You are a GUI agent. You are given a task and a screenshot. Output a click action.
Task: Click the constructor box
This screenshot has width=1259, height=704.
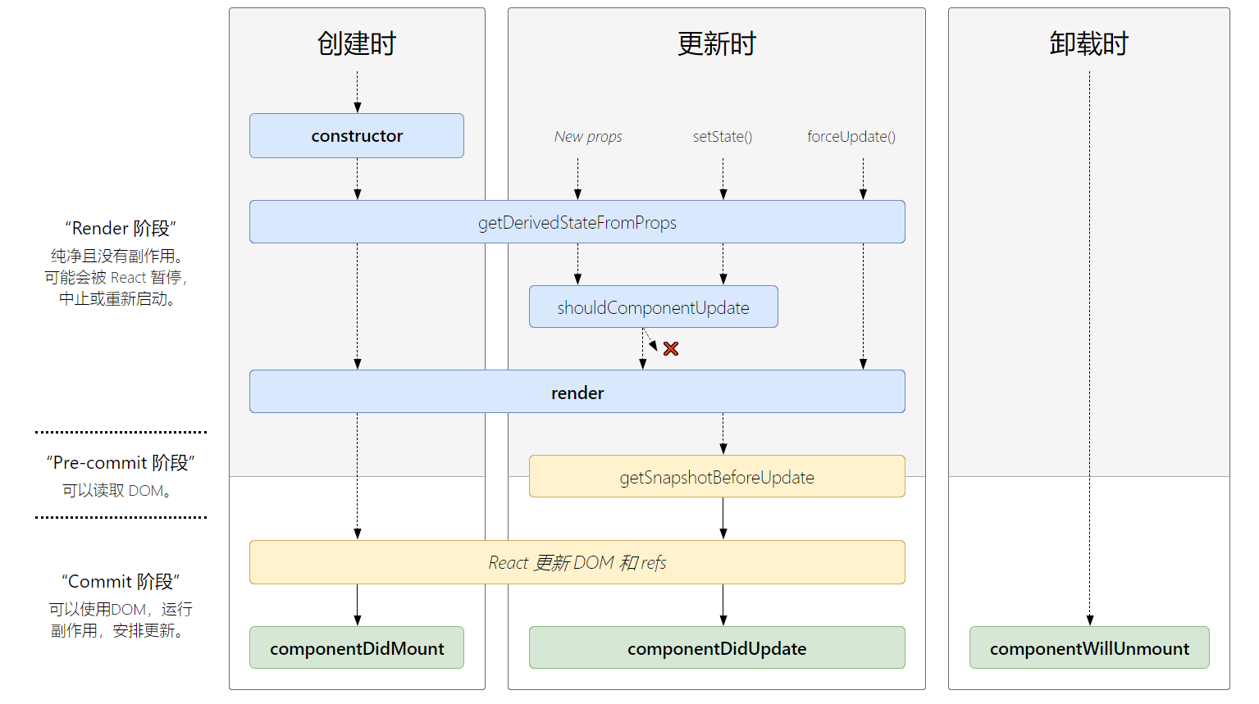pyautogui.click(x=357, y=136)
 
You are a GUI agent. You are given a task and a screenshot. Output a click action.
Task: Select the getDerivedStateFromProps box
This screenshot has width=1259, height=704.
pyautogui.click(x=577, y=222)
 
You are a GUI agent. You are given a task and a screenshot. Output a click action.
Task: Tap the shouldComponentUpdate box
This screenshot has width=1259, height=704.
pyautogui.click(x=653, y=307)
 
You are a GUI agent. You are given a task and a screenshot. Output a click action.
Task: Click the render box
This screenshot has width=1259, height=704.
pyautogui.click(x=577, y=393)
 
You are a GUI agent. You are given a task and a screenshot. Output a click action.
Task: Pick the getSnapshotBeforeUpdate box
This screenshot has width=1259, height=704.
pyautogui.click(x=716, y=477)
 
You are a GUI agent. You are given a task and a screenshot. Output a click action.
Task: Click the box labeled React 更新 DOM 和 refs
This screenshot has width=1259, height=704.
pyautogui.click(x=577, y=562)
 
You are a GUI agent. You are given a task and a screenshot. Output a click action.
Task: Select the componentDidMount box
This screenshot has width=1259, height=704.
pyautogui.click(x=357, y=648)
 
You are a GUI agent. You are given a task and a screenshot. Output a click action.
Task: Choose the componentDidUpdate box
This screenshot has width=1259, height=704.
pyautogui.click(x=716, y=648)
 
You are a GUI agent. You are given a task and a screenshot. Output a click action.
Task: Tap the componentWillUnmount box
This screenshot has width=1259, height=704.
pyautogui.click(x=1088, y=648)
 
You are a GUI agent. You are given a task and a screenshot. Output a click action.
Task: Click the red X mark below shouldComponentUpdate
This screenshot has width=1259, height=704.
pyautogui.click(x=671, y=349)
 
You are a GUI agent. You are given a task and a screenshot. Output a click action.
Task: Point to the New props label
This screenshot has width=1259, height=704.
pyautogui.click(x=588, y=137)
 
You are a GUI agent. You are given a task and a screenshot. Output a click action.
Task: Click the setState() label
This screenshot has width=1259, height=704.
pyautogui.click(x=723, y=137)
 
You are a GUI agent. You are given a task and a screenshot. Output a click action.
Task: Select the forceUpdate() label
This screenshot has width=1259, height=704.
pyautogui.click(x=851, y=137)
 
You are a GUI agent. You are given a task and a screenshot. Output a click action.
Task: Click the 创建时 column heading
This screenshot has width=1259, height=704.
pyautogui.click(x=357, y=43)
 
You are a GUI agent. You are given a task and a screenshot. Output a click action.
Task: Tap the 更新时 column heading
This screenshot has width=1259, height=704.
pyautogui.click(x=716, y=43)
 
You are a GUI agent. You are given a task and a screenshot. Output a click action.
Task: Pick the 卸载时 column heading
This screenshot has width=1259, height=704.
pyautogui.click(x=1088, y=43)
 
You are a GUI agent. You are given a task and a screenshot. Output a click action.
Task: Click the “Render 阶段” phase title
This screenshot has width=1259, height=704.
pyautogui.click(x=121, y=228)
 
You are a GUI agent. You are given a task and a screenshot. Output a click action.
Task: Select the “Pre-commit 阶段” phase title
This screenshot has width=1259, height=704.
pyautogui.click(x=121, y=462)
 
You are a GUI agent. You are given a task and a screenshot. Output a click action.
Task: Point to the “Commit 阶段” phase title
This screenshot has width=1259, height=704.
pyautogui.click(x=121, y=581)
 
